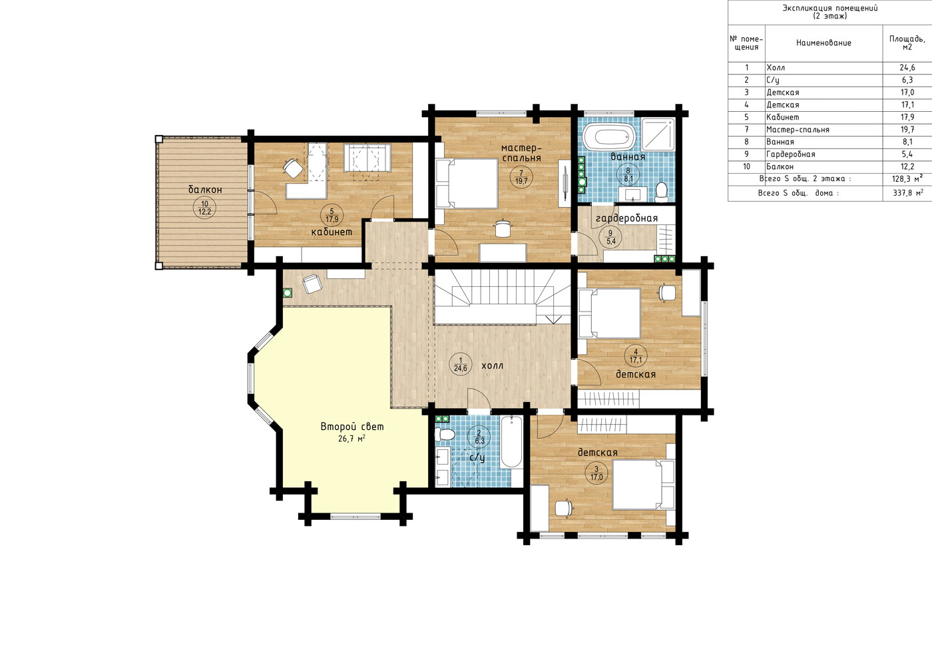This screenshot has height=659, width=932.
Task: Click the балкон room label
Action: click(205, 190)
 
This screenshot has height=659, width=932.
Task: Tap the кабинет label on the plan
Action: click(332, 232)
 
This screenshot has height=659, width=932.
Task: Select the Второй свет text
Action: click(352, 427)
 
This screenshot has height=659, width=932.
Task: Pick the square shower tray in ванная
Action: click(658, 134)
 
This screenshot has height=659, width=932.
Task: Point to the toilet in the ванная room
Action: click(661, 192)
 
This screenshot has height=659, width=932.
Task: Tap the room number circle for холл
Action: click(461, 365)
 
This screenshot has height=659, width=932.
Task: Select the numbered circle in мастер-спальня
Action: click(521, 177)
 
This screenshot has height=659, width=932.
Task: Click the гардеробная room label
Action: click(626, 218)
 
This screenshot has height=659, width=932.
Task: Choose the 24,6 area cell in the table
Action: click(907, 68)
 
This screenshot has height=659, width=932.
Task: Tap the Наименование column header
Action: click(824, 43)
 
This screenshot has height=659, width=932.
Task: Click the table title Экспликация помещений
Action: click(830, 8)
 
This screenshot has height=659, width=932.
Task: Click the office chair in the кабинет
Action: click(293, 168)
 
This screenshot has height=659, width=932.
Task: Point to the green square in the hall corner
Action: click(287, 292)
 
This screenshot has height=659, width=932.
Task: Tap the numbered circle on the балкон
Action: click(205, 208)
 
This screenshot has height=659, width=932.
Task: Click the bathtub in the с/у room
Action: click(511, 441)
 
